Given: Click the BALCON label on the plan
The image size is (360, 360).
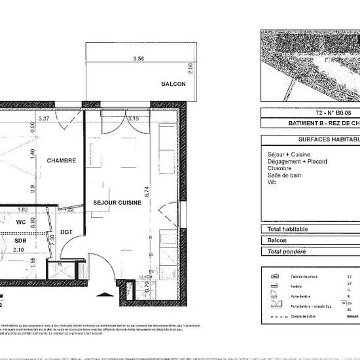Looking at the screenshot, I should pos(173,84).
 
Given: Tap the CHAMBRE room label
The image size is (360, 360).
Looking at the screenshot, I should pos(61,160).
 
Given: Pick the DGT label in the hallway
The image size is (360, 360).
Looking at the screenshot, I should pos(66,231).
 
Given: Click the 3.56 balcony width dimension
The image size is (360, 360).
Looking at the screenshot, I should pos(137,59).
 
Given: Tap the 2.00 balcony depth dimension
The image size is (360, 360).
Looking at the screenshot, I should pos(191,67).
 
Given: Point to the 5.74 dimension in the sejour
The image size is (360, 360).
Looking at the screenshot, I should pos(148,192).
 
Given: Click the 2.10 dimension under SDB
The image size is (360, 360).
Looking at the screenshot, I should pos(19,249).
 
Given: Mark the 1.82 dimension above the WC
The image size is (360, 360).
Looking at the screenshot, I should pos(22,209).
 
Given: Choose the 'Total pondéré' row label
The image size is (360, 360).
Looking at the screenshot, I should pos(287,251).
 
